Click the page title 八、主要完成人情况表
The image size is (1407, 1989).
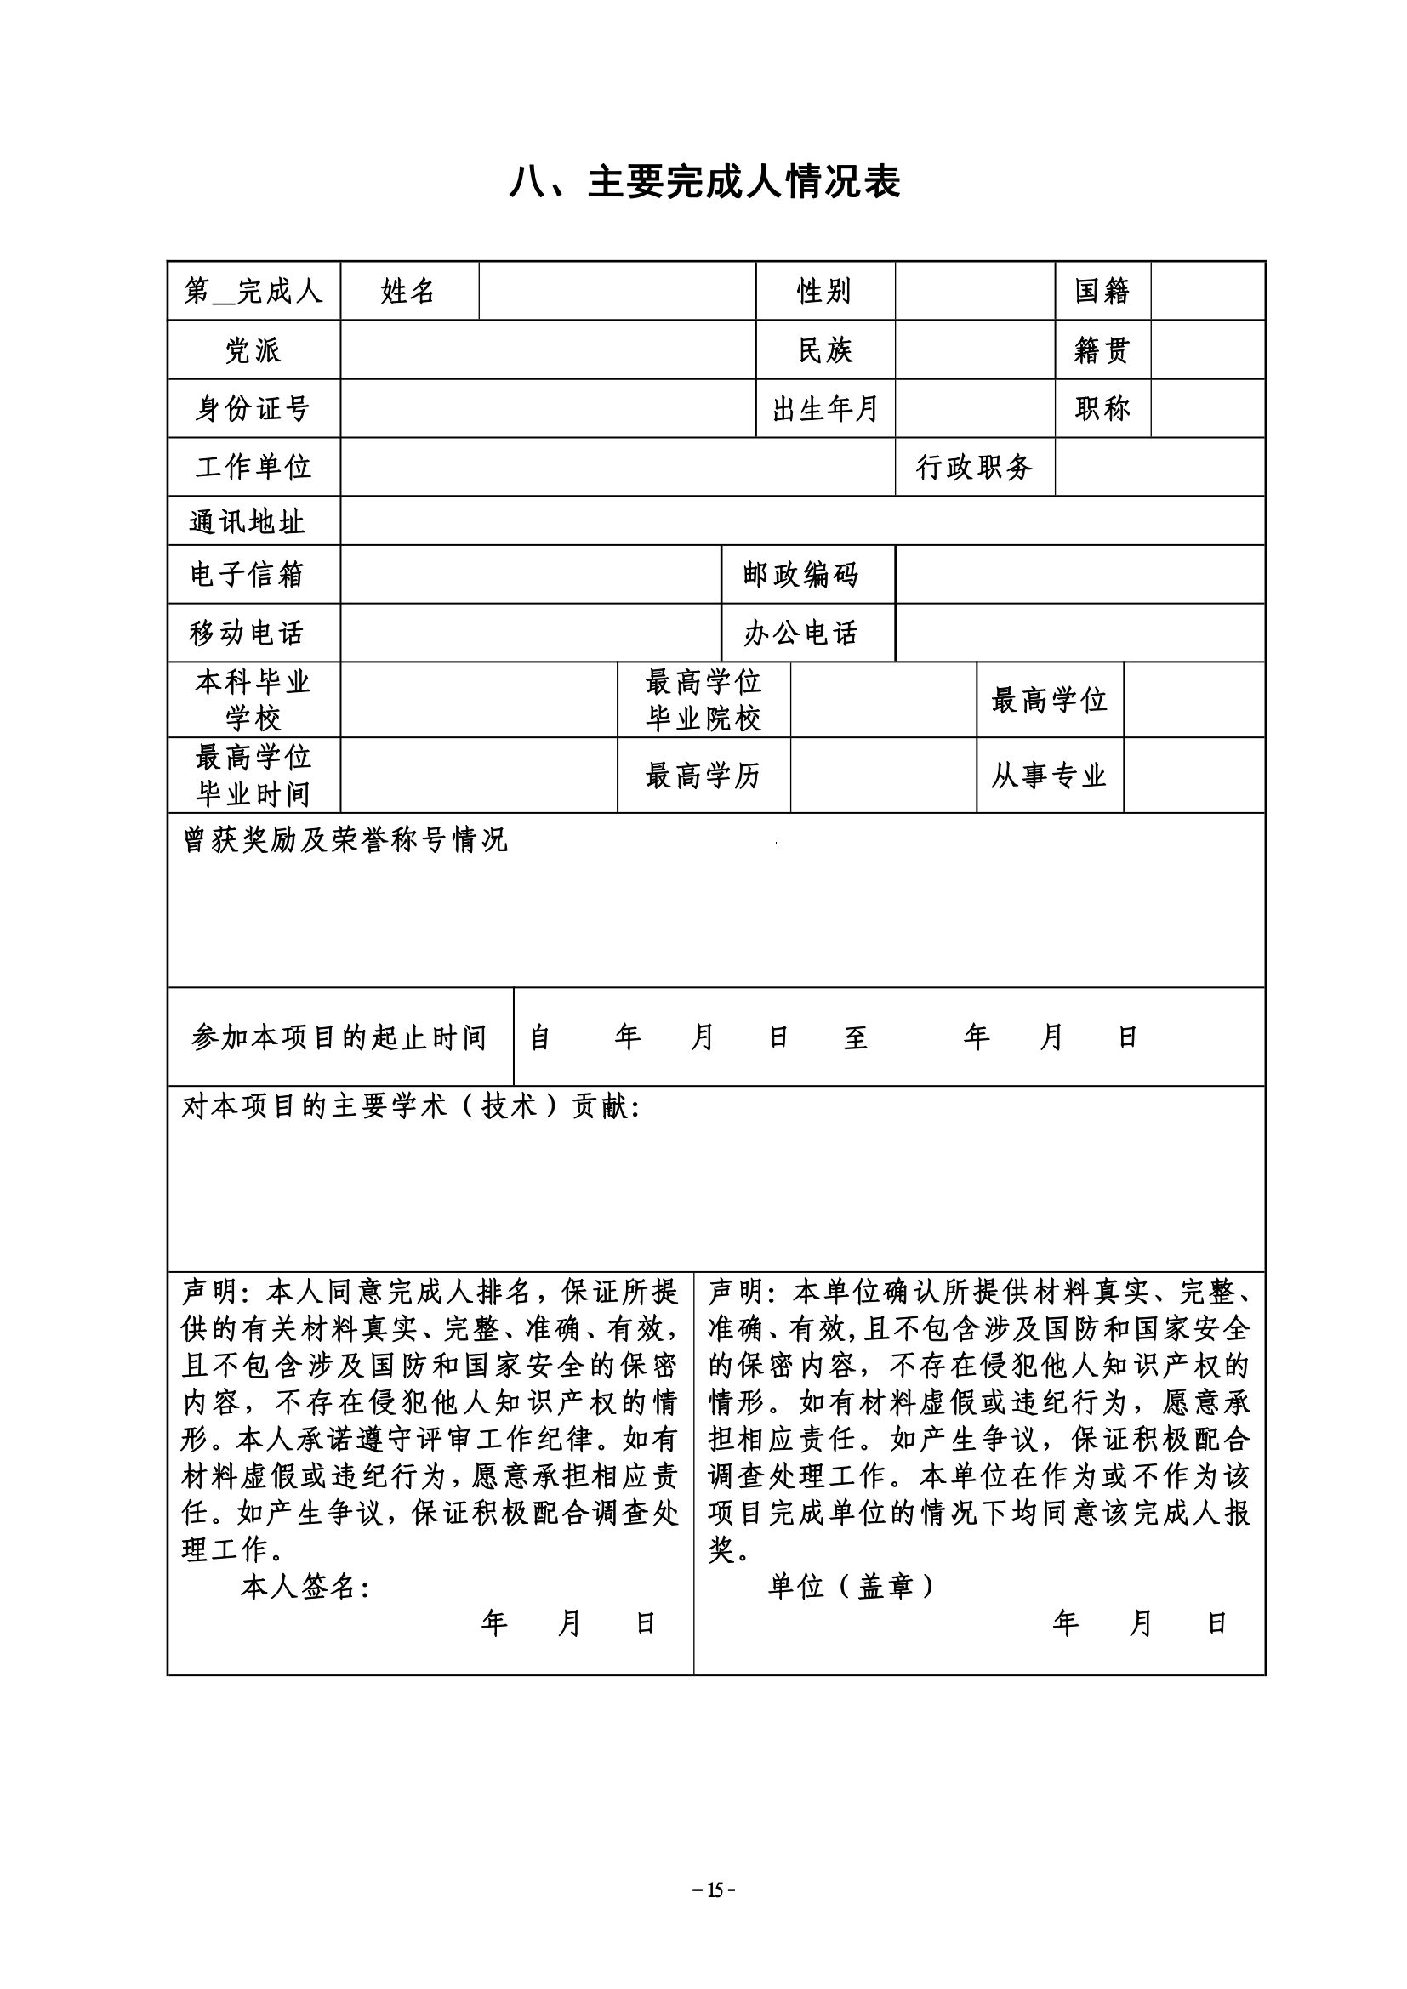tap(703, 183)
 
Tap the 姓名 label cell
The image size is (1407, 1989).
tap(408, 291)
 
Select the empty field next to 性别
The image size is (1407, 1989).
tap(975, 291)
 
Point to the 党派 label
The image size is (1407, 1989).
tap(253, 350)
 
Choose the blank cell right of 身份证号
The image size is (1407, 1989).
tap(548, 408)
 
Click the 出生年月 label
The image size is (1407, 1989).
tap(825, 408)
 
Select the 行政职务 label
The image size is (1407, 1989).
tap(975, 467)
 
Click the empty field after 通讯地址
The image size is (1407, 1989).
tap(802, 521)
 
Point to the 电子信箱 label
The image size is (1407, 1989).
tap(247, 574)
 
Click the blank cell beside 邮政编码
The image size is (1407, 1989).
tap(1079, 574)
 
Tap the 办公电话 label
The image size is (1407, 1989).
tap(800, 634)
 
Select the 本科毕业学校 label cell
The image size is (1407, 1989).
tap(253, 700)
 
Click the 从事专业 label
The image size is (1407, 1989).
tap(1049, 776)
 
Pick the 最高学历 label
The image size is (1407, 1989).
tap(703, 776)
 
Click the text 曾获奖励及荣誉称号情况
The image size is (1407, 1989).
tap(345, 839)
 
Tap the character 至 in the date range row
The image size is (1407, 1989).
tap(855, 1037)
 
